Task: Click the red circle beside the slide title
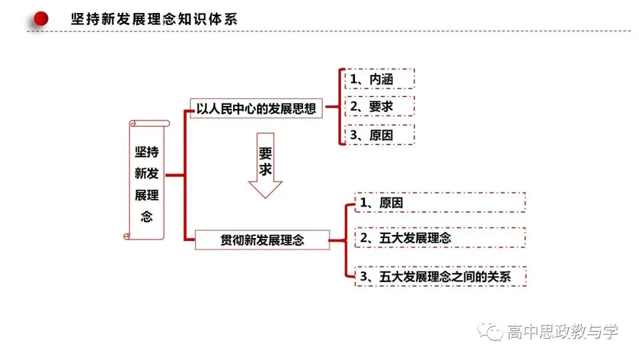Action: [x=41, y=19]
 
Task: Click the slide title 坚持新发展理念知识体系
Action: [x=154, y=19]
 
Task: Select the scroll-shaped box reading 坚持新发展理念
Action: [x=147, y=180]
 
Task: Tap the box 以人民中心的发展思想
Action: [x=256, y=108]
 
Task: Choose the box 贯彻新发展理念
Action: [x=262, y=240]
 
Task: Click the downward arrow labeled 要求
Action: [x=265, y=166]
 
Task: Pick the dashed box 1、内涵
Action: [x=379, y=79]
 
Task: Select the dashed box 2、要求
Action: [x=379, y=107]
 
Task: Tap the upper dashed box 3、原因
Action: [x=379, y=134]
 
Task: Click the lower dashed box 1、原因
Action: [x=440, y=202]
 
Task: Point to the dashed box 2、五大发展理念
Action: [x=440, y=237]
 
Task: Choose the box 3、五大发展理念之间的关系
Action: [x=440, y=277]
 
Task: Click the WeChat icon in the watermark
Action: [x=490, y=330]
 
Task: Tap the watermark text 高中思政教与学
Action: [x=563, y=332]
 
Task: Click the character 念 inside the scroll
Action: [x=147, y=217]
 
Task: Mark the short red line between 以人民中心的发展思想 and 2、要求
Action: [x=332, y=107]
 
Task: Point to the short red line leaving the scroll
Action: [x=175, y=175]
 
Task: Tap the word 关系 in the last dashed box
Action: [x=499, y=277]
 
